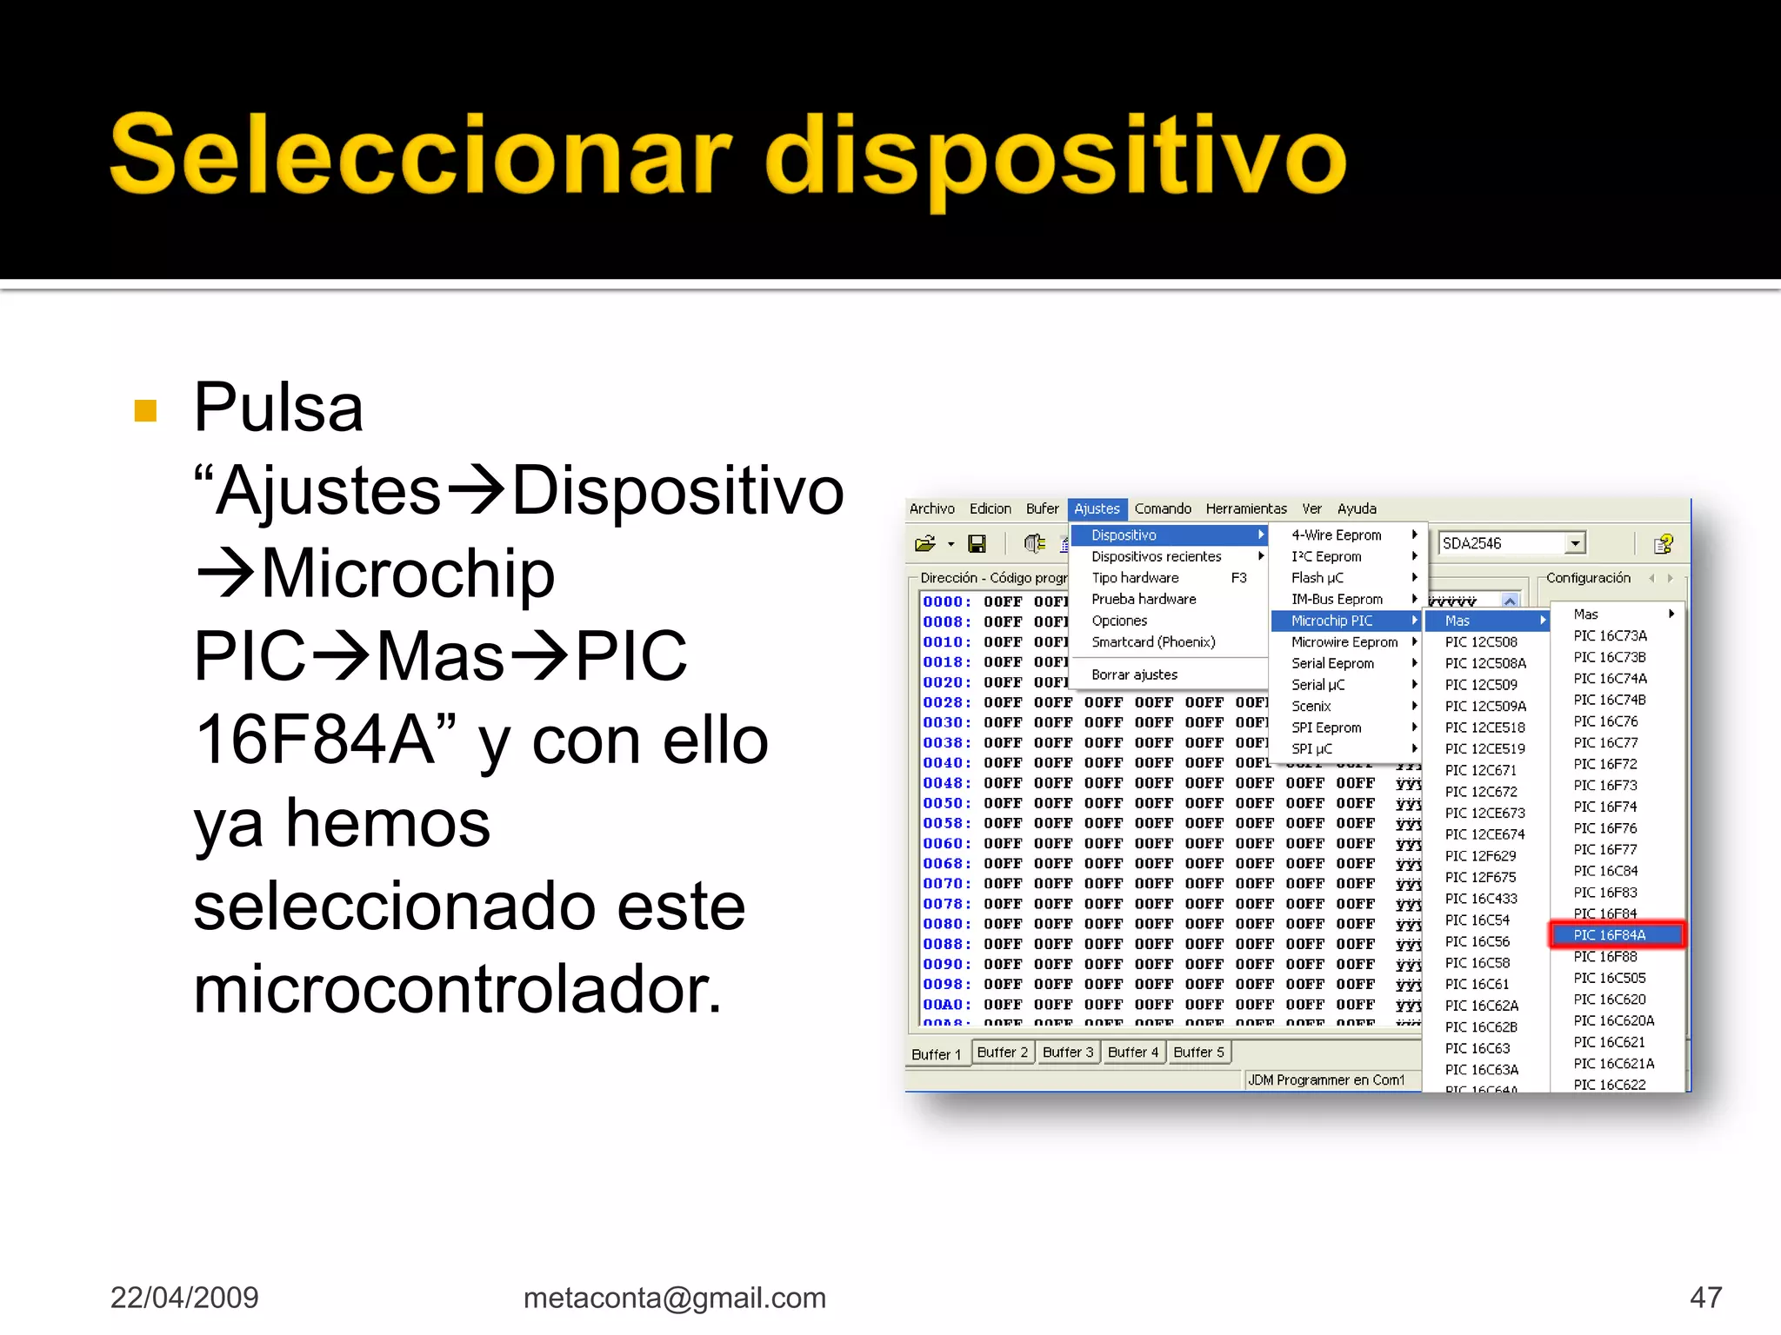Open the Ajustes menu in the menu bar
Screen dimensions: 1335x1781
point(1097,508)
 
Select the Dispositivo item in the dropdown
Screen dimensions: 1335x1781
point(1124,535)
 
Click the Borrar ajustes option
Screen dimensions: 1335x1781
point(1134,674)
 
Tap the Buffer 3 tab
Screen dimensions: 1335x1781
point(1067,1053)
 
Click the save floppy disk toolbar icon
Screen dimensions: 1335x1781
point(977,544)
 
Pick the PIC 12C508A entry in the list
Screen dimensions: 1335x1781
point(1484,663)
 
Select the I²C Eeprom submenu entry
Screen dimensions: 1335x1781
point(1326,556)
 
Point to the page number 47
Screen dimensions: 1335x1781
point(1705,1298)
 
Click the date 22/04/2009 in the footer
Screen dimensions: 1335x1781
point(184,1298)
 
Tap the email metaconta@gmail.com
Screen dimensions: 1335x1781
point(674,1298)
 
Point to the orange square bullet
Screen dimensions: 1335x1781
point(146,410)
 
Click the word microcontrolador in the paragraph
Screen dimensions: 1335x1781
point(457,991)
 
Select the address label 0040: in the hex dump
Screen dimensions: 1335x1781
point(946,763)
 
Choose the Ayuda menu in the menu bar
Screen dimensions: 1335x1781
point(1357,508)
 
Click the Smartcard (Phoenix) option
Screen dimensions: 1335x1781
point(1153,642)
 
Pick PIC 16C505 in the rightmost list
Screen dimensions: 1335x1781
point(1609,978)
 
